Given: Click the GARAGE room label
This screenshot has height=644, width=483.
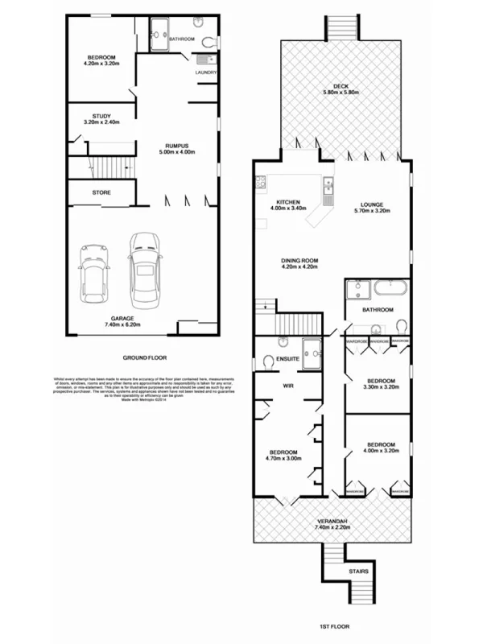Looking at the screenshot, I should tap(117, 318).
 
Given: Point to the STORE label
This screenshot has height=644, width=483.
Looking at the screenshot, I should tap(101, 193).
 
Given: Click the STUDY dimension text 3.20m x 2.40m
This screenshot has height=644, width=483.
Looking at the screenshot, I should tap(101, 122).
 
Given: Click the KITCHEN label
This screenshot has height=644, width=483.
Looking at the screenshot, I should tap(288, 202).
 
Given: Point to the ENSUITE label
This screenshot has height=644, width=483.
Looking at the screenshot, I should tap(287, 358).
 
